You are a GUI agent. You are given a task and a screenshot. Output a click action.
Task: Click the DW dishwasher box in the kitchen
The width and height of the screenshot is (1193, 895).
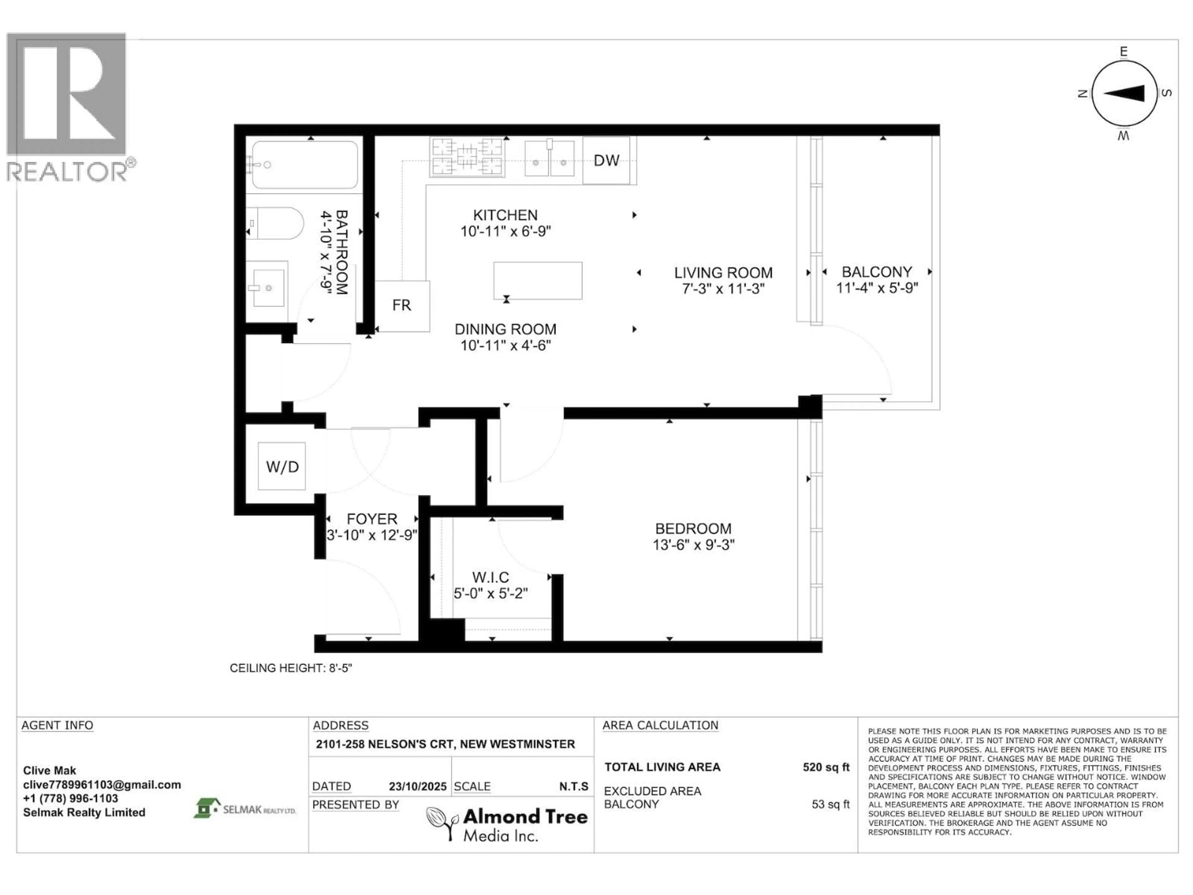coord(606,160)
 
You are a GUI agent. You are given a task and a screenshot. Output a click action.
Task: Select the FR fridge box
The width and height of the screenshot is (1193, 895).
coord(402,306)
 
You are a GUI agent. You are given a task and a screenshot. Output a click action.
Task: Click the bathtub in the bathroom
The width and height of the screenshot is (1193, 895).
coord(305,164)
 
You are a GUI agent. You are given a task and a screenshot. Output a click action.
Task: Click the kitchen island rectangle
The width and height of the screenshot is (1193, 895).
coord(538,281)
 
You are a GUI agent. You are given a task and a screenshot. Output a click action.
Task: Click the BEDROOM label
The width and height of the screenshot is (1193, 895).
coord(693,529)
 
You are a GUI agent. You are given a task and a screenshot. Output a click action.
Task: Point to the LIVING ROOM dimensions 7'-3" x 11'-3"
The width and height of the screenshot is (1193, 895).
coord(723,289)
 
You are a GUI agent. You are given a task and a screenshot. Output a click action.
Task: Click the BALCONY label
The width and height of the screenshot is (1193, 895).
coord(877,272)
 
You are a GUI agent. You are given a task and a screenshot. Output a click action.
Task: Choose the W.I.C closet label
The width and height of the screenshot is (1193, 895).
coord(490,578)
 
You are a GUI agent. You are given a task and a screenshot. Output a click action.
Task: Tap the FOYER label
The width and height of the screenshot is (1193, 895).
coord(372,519)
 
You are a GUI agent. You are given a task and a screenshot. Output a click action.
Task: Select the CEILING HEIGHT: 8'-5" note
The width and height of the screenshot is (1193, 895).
coord(291,668)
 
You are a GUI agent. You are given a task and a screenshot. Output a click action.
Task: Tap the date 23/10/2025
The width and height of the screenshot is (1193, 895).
coord(418,787)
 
